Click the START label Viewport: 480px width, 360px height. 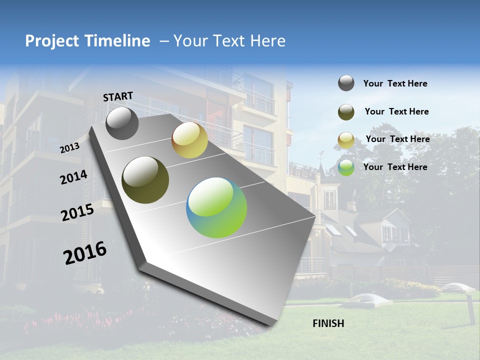(118, 96)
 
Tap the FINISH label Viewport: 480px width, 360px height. (328, 323)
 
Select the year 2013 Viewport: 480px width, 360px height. (69, 148)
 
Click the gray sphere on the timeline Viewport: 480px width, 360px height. (122, 123)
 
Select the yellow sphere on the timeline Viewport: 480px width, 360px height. (189, 140)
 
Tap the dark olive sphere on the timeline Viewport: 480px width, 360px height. (145, 180)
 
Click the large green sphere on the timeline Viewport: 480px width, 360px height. (216, 207)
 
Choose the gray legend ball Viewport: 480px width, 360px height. (346, 83)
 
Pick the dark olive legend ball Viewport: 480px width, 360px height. (346, 112)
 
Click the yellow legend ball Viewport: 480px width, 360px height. (346, 140)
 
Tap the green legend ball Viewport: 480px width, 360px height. (346, 167)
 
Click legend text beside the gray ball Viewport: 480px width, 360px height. (395, 83)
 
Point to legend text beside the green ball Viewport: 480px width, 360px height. (395, 167)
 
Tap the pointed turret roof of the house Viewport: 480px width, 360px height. (321, 167)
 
